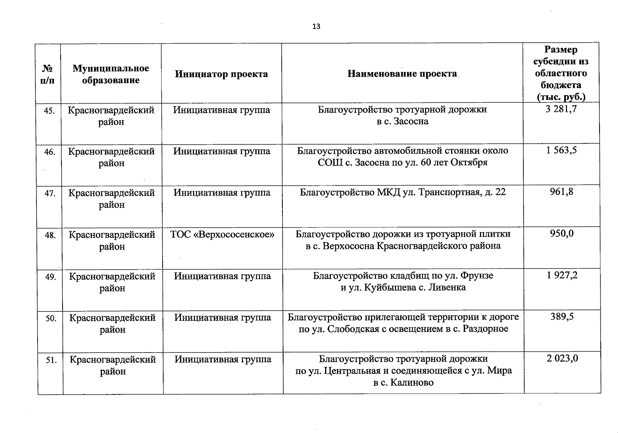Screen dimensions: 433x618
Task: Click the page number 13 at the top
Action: click(316, 27)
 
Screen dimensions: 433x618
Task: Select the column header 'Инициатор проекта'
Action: click(221, 74)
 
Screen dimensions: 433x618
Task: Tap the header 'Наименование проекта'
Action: click(402, 74)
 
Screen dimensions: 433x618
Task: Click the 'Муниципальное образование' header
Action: click(111, 74)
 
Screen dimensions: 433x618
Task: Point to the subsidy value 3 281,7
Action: click(561, 109)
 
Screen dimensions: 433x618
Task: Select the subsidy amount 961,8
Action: click(561, 192)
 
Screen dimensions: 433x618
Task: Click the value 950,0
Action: click(562, 233)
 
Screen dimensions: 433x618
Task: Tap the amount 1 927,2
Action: click(562, 275)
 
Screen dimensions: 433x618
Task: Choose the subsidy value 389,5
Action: click(562, 316)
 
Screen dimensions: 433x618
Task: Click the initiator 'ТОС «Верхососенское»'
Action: click(222, 235)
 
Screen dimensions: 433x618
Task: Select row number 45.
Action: click(49, 111)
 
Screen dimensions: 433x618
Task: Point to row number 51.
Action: click(51, 360)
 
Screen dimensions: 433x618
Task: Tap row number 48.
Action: click(50, 235)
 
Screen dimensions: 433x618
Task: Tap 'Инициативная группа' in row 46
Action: click(222, 151)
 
